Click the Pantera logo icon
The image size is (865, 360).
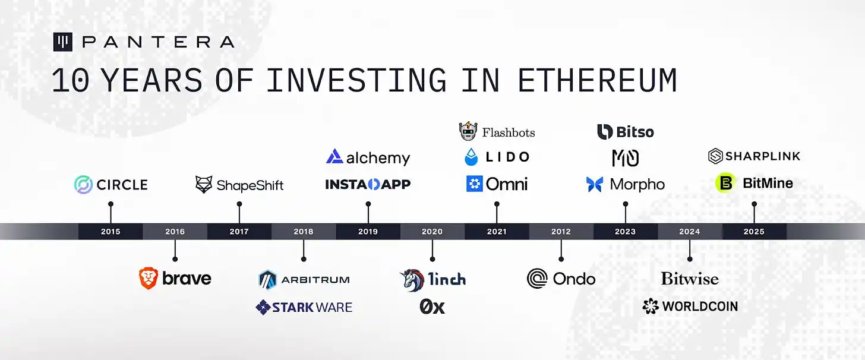click(62, 42)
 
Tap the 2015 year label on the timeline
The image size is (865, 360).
click(111, 232)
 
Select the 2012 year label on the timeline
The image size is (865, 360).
click(561, 232)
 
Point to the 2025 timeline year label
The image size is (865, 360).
click(754, 232)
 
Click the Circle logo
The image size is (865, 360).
click(111, 185)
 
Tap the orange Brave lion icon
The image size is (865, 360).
click(149, 278)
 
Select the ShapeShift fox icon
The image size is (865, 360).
click(204, 185)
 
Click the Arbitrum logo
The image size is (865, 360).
click(304, 279)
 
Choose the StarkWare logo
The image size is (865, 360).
click(304, 307)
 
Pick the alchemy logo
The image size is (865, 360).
click(368, 157)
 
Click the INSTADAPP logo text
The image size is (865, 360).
click(368, 185)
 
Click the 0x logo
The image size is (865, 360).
click(432, 307)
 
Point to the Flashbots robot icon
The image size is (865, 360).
click(468, 131)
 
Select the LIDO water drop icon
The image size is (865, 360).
click(471, 157)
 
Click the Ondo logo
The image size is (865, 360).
click(561, 278)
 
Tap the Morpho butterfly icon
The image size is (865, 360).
click(595, 185)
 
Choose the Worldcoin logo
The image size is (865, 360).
click(690, 307)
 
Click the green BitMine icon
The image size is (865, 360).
click(725, 183)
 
